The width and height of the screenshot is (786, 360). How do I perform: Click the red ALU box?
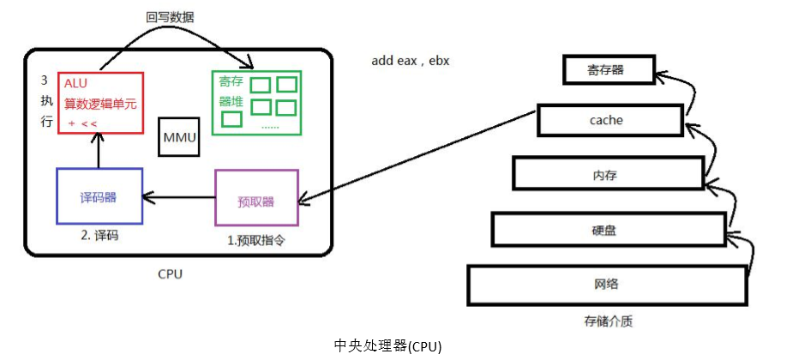coord(99,103)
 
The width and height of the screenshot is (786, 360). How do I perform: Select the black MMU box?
coord(178,138)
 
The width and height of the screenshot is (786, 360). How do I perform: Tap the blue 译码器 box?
coord(99,197)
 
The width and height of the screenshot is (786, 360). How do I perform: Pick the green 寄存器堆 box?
coord(256,102)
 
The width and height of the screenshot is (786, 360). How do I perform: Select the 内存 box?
coord(605,175)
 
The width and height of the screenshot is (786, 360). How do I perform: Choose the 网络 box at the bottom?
coord(606,285)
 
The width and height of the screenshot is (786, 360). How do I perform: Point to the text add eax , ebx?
coord(410,61)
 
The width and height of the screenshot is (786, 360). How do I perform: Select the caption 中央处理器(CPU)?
coord(387,345)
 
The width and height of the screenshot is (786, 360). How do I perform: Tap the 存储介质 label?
coord(605,322)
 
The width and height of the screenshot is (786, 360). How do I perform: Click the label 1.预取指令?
coord(255,241)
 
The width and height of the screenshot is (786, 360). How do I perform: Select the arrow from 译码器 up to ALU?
coord(99,151)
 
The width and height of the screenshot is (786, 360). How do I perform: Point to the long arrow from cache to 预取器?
coord(420,160)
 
